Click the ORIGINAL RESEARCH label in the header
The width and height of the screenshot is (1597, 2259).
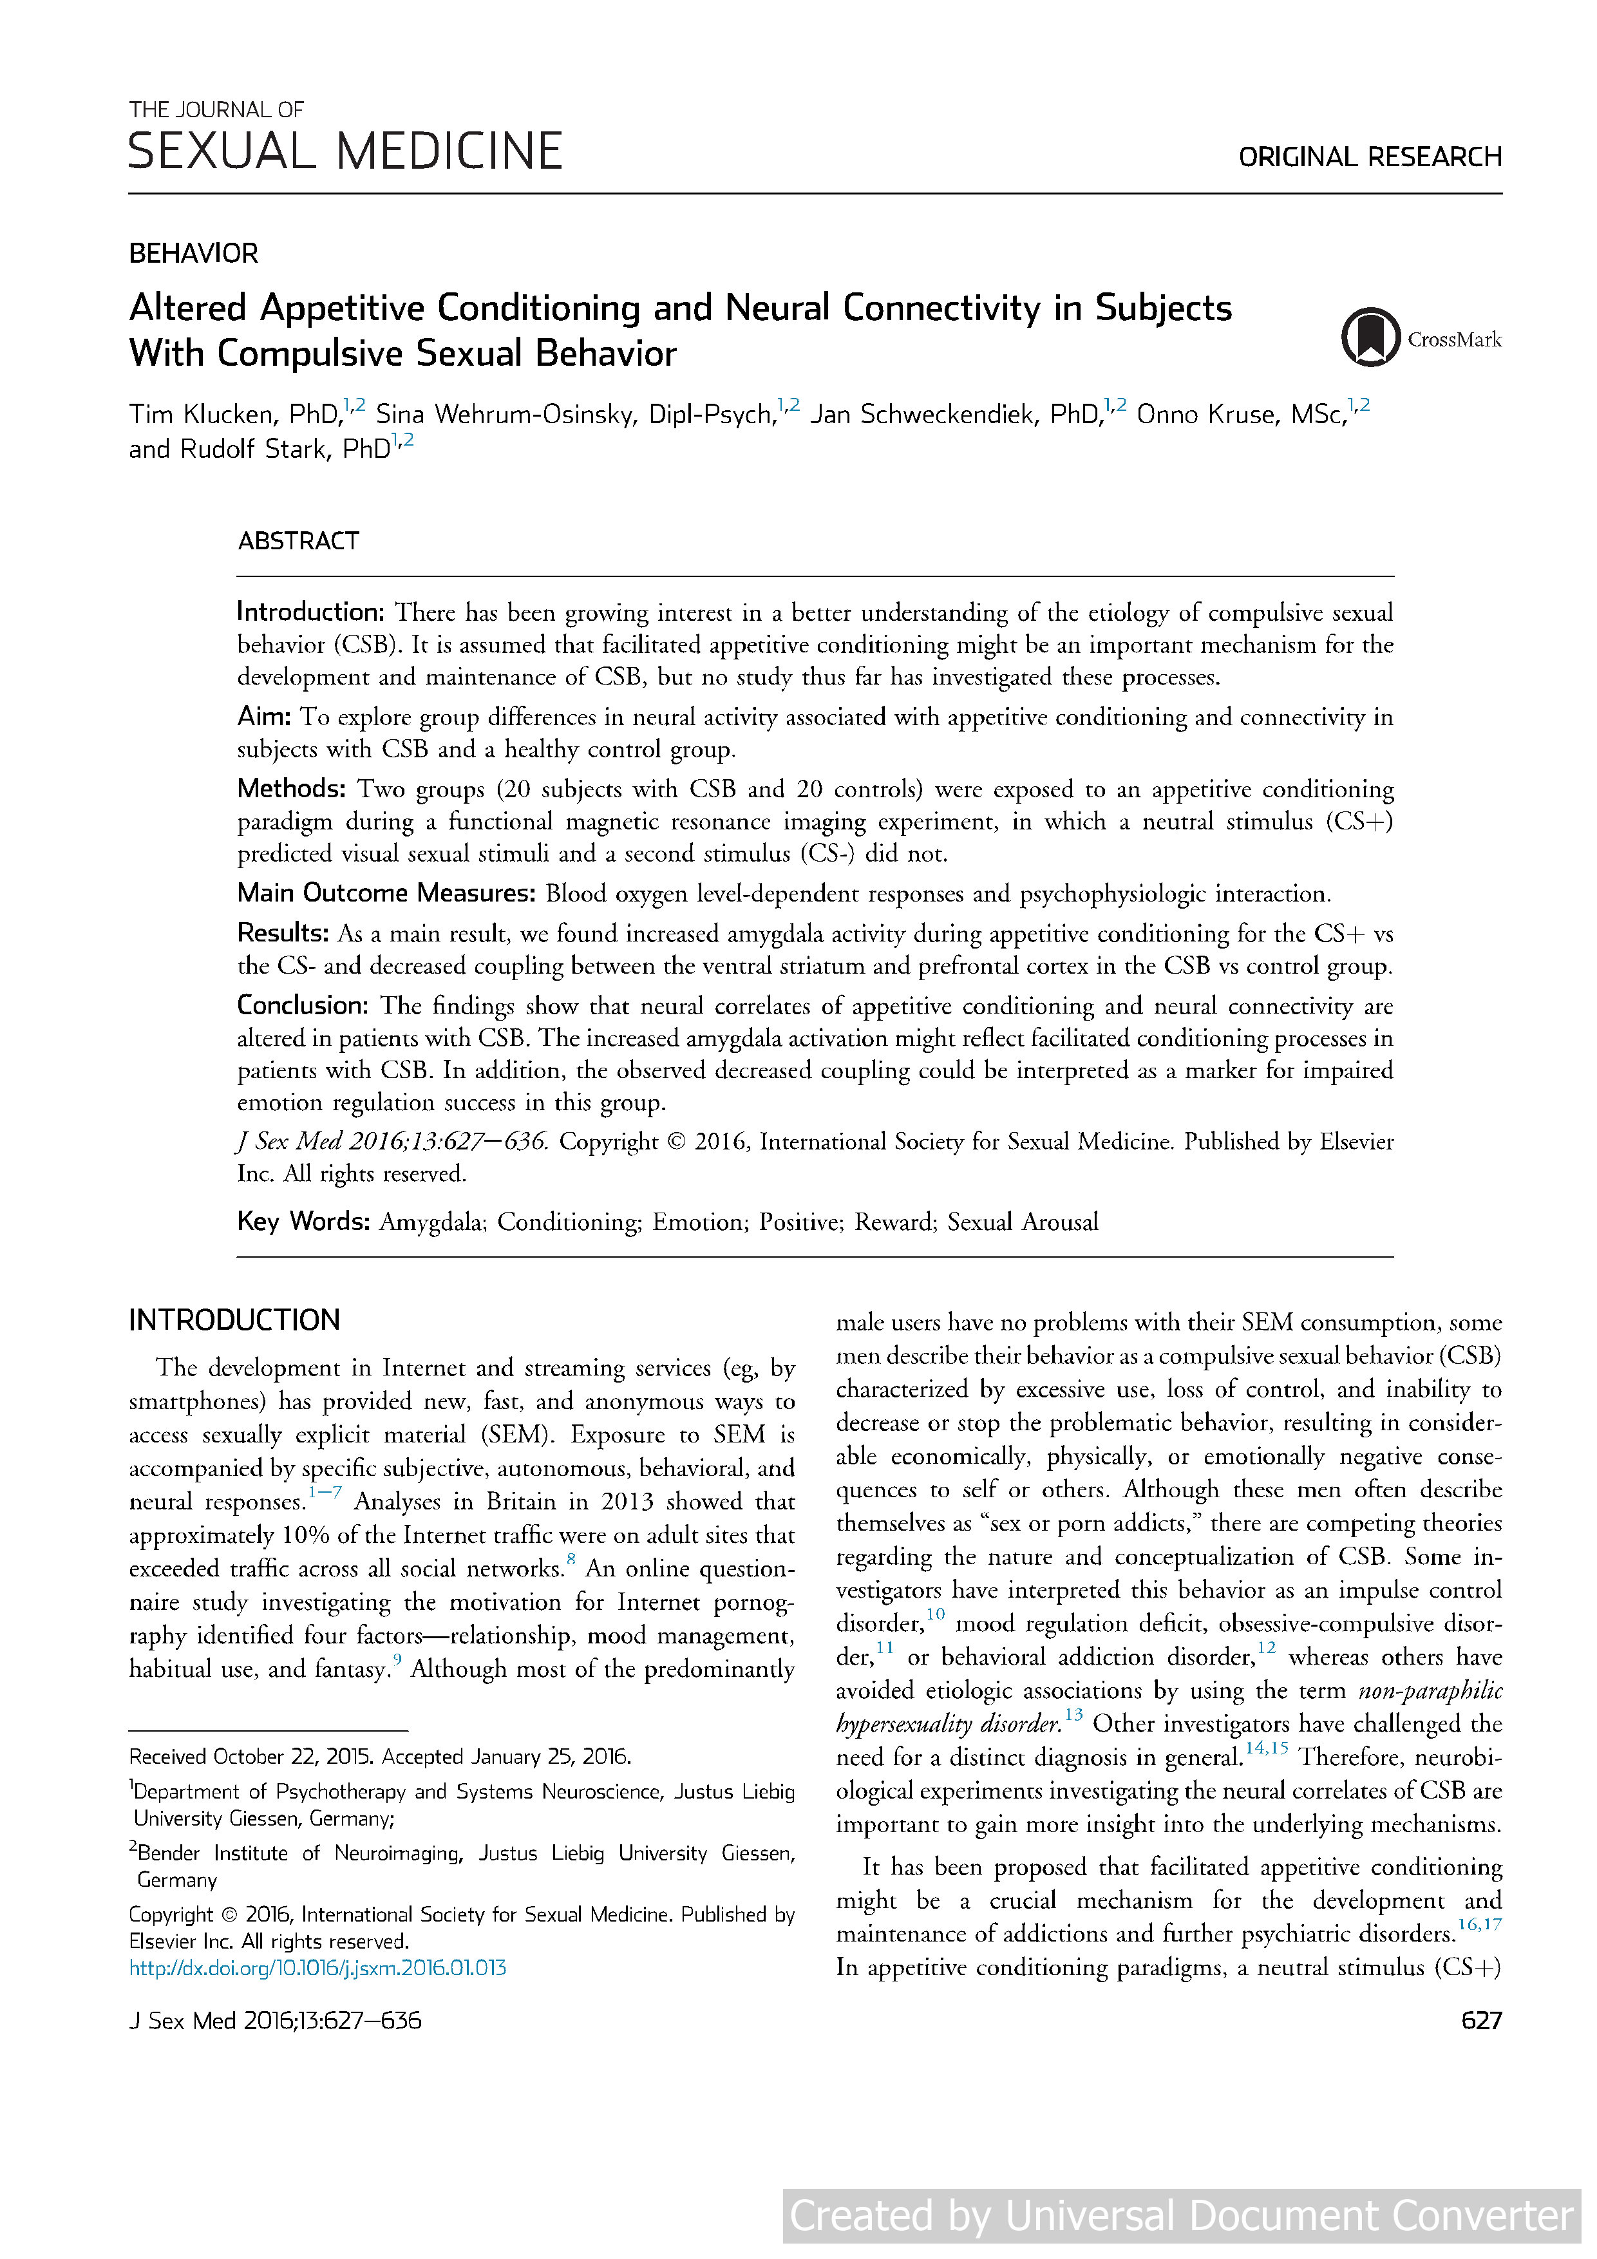tap(1368, 156)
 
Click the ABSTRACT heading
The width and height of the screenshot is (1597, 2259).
tap(298, 541)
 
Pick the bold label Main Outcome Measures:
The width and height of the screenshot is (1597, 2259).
tap(386, 893)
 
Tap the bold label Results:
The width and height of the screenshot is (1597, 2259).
tap(283, 932)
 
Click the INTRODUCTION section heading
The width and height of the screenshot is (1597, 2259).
tap(234, 1319)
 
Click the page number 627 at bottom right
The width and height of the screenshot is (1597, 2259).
tap(1481, 2020)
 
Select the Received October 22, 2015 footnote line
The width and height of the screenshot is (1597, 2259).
tap(380, 1756)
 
